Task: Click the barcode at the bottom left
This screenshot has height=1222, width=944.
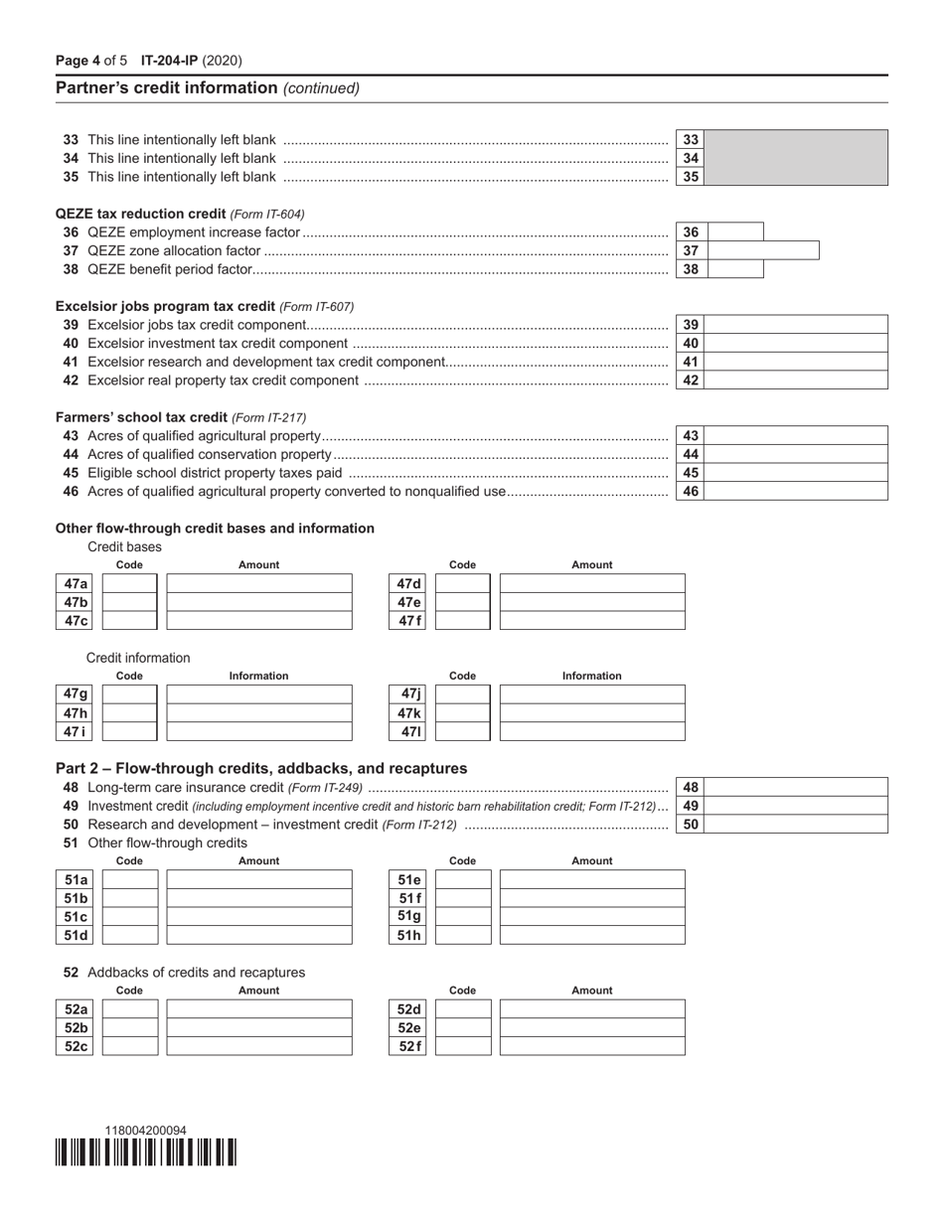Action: (146, 1151)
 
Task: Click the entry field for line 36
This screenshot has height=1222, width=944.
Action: (734, 232)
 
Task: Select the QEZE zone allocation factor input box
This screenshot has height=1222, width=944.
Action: (762, 251)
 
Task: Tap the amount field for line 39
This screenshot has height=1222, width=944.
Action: (795, 325)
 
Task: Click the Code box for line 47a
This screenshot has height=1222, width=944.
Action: (130, 584)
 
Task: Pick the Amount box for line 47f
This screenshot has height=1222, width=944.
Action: (591, 621)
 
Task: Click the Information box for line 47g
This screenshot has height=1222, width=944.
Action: (259, 694)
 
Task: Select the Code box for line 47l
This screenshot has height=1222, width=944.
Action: (463, 732)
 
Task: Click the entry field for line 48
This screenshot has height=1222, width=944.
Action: (795, 788)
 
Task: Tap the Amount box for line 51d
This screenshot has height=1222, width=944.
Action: (259, 935)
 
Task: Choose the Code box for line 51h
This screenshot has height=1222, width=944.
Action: (463, 935)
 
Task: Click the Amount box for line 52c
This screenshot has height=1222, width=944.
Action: (259, 1046)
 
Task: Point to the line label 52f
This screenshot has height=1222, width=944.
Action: (409, 1046)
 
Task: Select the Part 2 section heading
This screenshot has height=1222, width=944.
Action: (260, 768)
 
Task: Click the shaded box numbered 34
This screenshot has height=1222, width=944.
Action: (795, 158)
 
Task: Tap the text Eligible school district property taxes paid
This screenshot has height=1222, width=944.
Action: (215, 473)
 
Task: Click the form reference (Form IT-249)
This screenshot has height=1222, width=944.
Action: (325, 788)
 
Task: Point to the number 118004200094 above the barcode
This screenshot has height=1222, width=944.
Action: (146, 1131)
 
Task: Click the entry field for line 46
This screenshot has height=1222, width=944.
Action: (795, 491)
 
